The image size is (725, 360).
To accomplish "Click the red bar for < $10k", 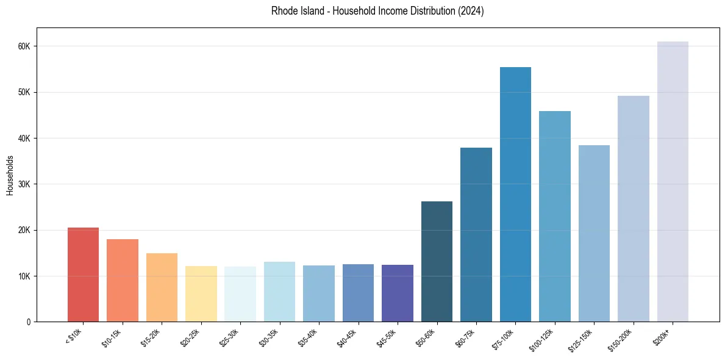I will [x=83, y=275].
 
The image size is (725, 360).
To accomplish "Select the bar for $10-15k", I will [x=123, y=281].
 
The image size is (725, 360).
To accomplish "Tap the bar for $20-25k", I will [x=201, y=294].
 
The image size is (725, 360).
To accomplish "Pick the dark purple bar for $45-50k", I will [x=398, y=293].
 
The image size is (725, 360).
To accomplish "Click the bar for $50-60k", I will [x=437, y=262].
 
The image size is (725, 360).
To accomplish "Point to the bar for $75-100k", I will [x=515, y=195].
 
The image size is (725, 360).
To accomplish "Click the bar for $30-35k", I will [x=280, y=292].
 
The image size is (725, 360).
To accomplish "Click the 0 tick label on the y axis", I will [x=28, y=322].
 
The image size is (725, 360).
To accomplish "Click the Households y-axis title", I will [x=10, y=175].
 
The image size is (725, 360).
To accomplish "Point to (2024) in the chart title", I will [x=470, y=11].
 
